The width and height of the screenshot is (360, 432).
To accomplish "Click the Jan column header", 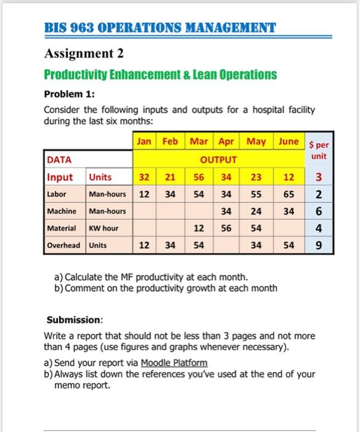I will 144,141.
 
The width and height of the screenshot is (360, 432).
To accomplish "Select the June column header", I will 288,141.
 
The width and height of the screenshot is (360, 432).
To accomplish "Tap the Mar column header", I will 199,141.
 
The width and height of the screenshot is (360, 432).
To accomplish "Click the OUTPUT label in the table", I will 222,160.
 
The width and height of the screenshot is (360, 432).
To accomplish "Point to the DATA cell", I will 60,160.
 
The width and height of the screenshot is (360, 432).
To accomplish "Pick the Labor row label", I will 57,194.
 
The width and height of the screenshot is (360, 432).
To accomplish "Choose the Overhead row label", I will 63,245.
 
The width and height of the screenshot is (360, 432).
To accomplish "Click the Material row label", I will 62,228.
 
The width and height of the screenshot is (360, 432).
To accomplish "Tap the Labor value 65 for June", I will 288,194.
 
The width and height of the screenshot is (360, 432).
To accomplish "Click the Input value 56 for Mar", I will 199,177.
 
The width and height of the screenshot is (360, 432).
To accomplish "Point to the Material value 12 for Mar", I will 199,228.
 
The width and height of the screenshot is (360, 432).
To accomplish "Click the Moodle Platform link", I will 174,363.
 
